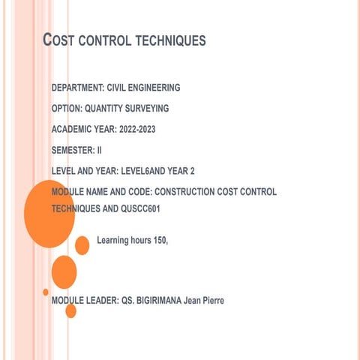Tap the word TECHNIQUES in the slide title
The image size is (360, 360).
pos(171,40)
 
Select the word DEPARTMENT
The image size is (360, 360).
pos(77,88)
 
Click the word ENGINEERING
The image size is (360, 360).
pos(154,88)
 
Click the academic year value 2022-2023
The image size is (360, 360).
pos(137,130)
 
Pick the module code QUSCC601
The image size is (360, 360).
pos(138,209)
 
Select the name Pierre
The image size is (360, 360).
pos(212,301)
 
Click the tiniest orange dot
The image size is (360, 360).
pos(46,292)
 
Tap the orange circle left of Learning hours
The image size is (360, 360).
pos(82,245)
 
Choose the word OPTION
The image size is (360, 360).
pos(66,109)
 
